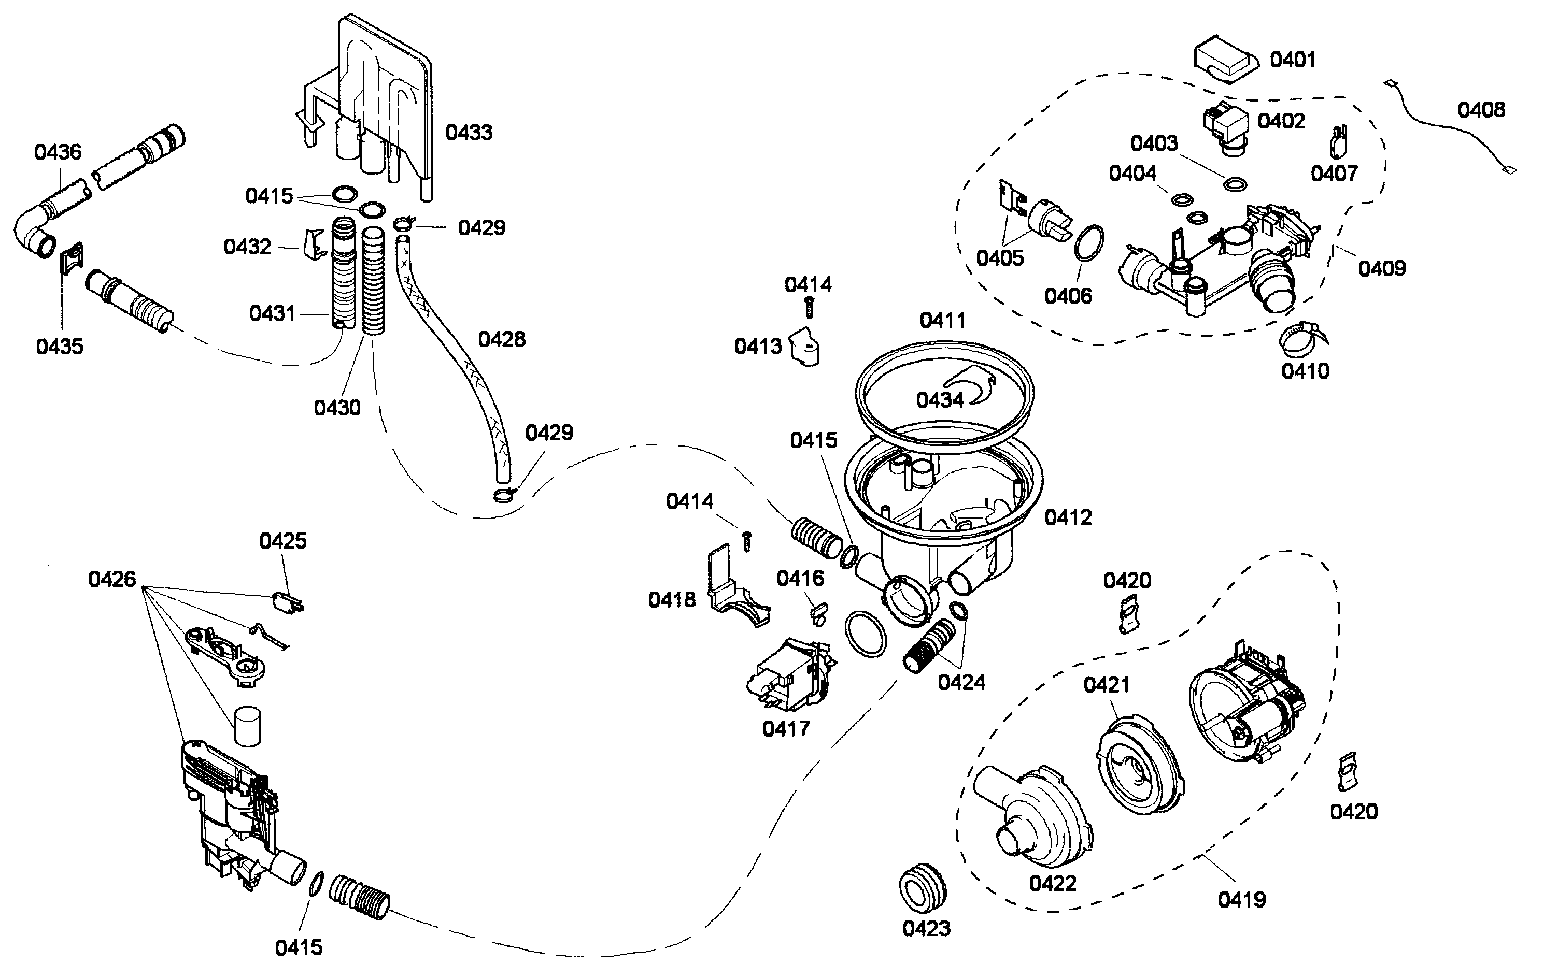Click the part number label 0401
click(x=1293, y=60)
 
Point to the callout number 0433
click(x=469, y=133)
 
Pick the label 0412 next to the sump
click(x=1068, y=517)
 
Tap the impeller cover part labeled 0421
click(x=1139, y=764)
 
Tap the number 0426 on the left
click(x=112, y=579)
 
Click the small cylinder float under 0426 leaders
click(x=247, y=726)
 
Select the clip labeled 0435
click(x=73, y=258)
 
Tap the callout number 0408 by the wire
click(x=1481, y=110)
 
